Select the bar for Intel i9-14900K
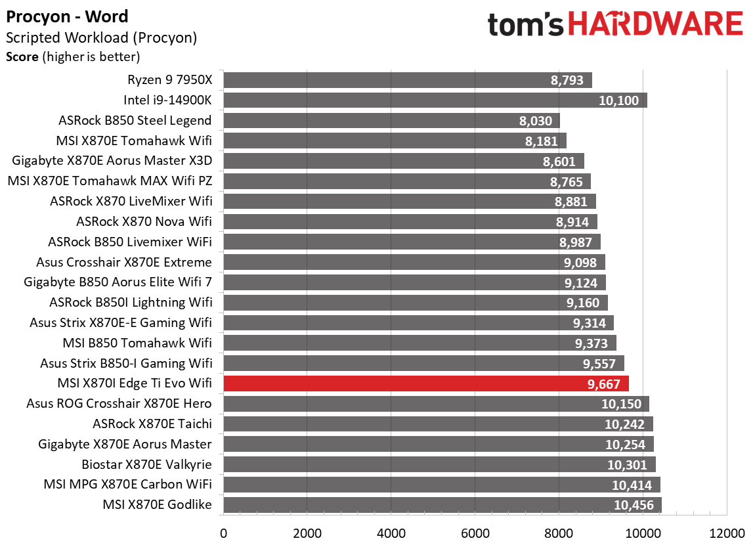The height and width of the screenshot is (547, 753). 435,100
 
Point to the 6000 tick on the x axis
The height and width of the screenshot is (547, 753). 475,533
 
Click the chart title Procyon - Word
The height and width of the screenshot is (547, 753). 67,16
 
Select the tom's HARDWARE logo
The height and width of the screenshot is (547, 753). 615,25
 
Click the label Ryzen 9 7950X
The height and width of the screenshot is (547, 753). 169,80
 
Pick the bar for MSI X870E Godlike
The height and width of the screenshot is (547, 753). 442,505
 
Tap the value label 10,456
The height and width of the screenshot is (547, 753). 635,505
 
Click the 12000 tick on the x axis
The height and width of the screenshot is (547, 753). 726,533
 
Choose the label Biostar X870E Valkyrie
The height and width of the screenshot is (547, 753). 146,465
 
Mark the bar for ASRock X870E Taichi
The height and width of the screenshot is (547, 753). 438,424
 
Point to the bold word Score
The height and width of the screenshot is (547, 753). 22,57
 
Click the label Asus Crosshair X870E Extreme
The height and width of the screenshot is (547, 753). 124,263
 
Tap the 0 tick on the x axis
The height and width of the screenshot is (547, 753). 224,533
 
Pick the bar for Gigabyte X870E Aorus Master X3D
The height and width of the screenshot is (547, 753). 403,162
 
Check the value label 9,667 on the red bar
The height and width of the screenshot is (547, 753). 608,384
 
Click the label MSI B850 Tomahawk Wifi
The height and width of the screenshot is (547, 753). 137,343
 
